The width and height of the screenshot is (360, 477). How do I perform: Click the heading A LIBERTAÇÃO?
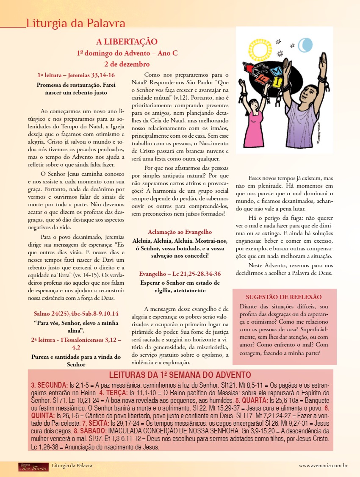pyautogui.click(x=127, y=42)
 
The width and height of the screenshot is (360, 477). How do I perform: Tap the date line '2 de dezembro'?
pyautogui.click(x=127, y=64)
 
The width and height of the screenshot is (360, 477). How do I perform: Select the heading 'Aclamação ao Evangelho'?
pyautogui.click(x=180, y=232)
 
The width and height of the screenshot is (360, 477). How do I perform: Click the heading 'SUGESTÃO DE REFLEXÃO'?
pyautogui.click(x=284, y=297)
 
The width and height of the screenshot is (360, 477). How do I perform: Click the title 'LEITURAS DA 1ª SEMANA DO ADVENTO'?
pyautogui.click(x=180, y=375)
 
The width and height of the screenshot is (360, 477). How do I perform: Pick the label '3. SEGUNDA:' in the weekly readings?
pyautogui.click(x=49, y=385)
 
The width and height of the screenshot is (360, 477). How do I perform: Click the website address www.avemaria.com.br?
pyautogui.click(x=323, y=466)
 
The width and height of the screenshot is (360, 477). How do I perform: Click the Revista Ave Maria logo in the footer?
pyautogui.click(x=30, y=466)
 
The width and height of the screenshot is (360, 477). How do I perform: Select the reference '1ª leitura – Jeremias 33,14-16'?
pyautogui.click(x=76, y=75)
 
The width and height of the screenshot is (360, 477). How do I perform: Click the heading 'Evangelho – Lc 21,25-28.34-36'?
pyautogui.click(x=180, y=274)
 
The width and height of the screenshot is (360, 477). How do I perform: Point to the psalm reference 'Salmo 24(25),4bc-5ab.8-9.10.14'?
pyautogui.click(x=76, y=314)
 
